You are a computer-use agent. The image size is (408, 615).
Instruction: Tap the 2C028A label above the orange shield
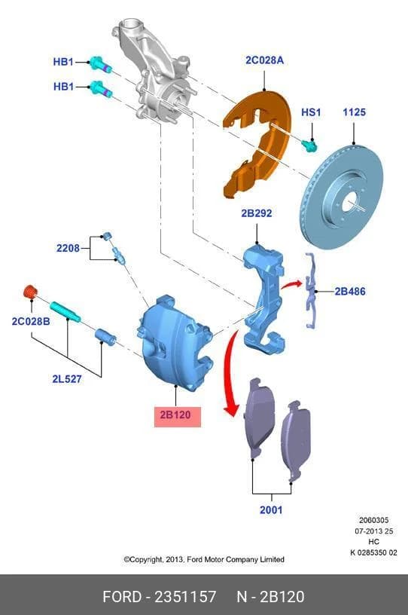tap(264, 60)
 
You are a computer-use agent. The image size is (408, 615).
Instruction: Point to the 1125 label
tap(354, 112)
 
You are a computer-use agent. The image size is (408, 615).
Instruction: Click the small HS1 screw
tap(309, 146)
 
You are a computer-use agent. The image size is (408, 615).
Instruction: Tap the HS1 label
tap(311, 112)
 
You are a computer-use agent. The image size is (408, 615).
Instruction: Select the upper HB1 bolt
tap(100, 64)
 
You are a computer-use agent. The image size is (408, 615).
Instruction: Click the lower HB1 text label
tap(63, 86)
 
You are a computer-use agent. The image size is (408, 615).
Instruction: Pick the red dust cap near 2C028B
tap(30, 292)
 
